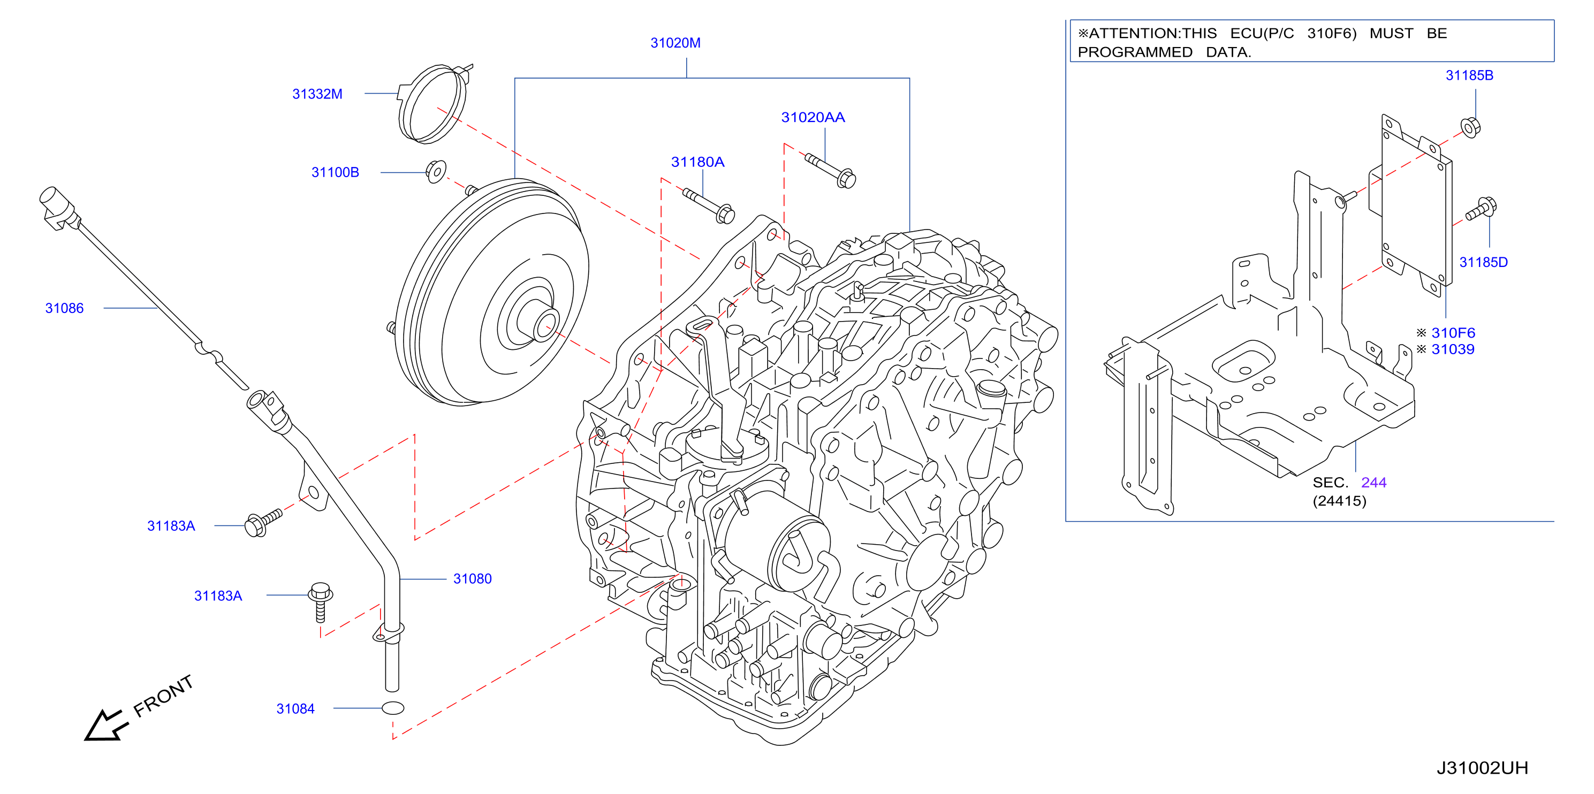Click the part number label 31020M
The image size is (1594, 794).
pyautogui.click(x=675, y=43)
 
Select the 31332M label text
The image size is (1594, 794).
pyautogui.click(x=317, y=94)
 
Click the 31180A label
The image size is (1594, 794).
pyautogui.click(x=697, y=162)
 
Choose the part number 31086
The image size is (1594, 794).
pyautogui.click(x=64, y=308)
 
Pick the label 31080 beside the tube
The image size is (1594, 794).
pyautogui.click(x=472, y=579)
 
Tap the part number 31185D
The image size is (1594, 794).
pyautogui.click(x=1483, y=262)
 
